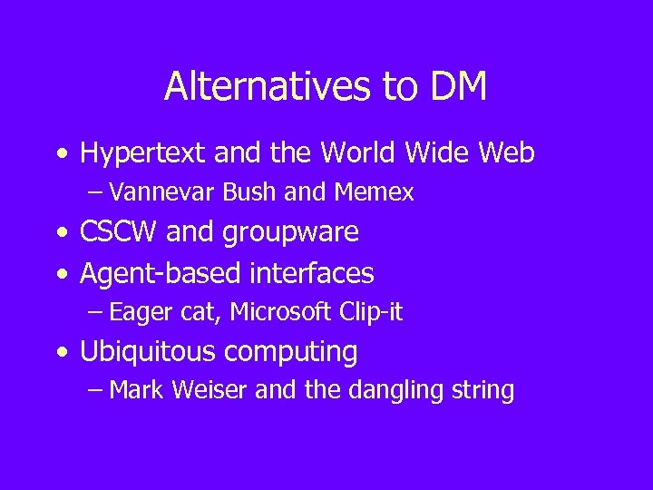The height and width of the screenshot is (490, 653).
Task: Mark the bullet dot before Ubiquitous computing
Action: coord(61,352)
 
